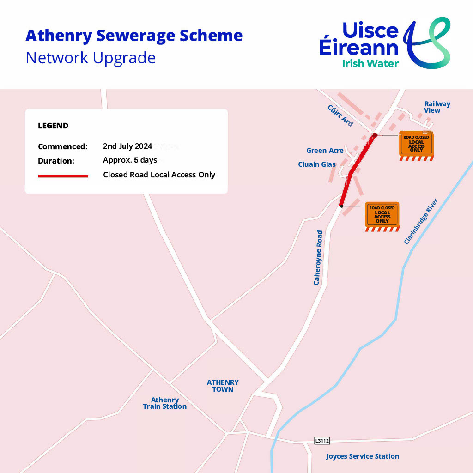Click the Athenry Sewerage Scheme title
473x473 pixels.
pos(134,36)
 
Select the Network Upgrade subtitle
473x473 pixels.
pos(91,58)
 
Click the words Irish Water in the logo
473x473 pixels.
pos(370,63)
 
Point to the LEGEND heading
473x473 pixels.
pos(53,126)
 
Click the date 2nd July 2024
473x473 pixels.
pos(127,146)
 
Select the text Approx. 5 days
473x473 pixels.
pos(130,160)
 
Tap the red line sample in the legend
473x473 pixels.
pos(63,176)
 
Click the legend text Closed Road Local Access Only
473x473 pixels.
pos(159,175)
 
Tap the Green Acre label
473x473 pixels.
pos(325,151)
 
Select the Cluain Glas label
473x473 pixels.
pos(317,164)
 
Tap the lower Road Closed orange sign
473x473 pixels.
pos(382,215)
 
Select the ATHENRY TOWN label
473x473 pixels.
pos(223,386)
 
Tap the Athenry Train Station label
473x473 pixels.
pos(165,403)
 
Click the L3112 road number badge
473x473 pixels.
pos(322,441)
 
